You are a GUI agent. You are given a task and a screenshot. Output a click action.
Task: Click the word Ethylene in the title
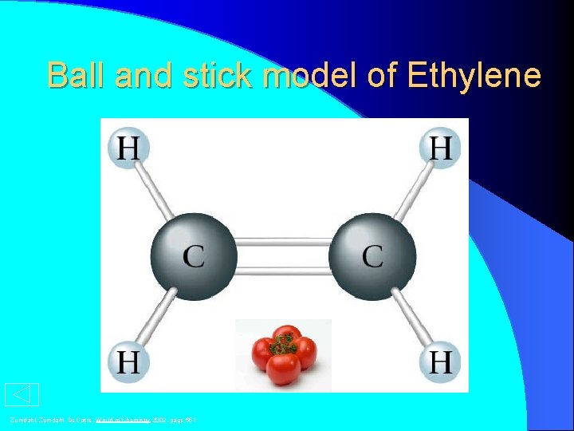pos(474,76)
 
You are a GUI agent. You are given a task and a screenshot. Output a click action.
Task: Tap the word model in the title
pos(316,76)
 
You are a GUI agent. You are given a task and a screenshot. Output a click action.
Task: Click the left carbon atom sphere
pos(194,255)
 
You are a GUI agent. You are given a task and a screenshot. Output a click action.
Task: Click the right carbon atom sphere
pos(372,255)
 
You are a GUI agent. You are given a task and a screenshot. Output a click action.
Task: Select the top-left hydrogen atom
pos(128,148)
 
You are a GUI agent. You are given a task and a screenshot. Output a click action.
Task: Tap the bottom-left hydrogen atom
pos(128,362)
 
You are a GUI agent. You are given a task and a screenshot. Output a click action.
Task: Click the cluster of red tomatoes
pos(283,356)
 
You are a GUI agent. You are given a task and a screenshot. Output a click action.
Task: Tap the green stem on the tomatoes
pos(282,343)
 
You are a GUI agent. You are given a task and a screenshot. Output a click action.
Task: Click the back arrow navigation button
pos(22,395)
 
